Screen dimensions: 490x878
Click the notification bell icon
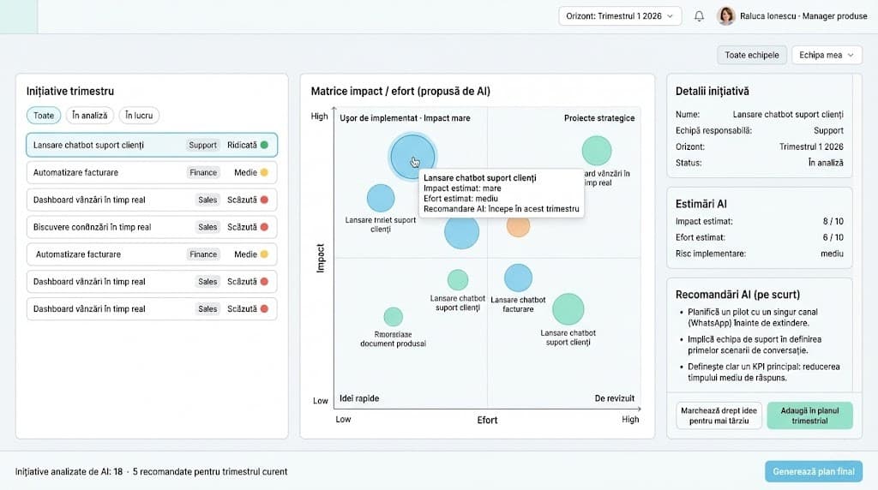699,16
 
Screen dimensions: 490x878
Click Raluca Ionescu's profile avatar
726,16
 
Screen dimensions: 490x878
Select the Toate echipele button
751,55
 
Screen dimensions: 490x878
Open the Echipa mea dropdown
826,55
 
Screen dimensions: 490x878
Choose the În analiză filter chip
89,116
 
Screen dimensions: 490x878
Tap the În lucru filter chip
139,116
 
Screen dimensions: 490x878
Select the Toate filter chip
44,116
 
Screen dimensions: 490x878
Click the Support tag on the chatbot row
202,145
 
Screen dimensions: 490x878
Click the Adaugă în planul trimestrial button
809,415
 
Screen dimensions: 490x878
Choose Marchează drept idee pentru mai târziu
719,415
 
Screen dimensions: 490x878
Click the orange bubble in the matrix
518,226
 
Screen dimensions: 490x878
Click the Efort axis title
487,420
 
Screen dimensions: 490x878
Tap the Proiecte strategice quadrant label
598,118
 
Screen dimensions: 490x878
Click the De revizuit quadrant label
614,398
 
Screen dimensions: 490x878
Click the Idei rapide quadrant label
359,398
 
